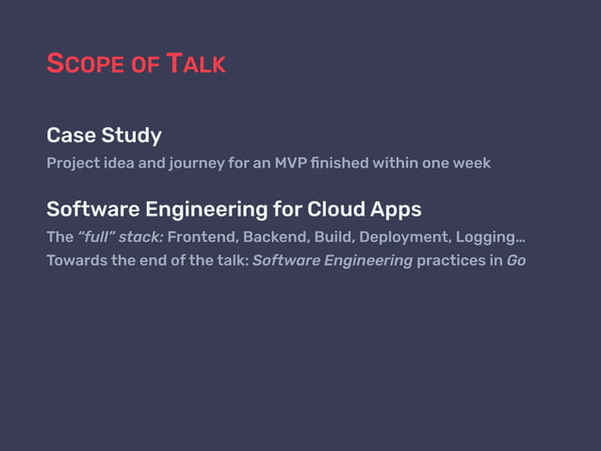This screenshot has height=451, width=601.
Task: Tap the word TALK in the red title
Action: (196, 65)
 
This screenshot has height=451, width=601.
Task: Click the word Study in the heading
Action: (131, 135)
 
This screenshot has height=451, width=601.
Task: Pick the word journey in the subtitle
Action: (222, 163)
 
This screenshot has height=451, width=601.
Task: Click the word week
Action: (471, 163)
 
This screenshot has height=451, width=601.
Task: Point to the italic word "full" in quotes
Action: (97, 236)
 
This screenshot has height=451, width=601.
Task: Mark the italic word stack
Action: (142, 236)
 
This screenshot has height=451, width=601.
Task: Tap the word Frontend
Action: (201, 236)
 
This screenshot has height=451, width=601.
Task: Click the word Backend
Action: (270, 236)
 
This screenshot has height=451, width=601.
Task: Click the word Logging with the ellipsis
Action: (490, 237)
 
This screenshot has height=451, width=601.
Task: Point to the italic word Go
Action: (516, 260)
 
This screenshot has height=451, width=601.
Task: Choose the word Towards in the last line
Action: (76, 260)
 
